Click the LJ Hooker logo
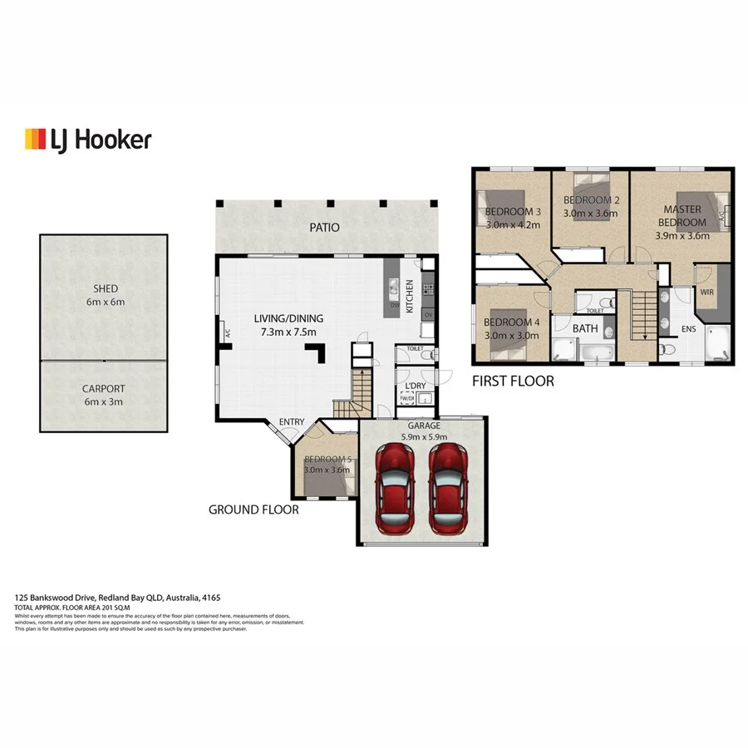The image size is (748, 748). click(88, 139)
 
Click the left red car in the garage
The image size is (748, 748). click(395, 490)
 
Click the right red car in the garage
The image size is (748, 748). click(449, 490)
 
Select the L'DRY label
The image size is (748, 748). click(414, 385)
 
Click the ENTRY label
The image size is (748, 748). click(291, 422)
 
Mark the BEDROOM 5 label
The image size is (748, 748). click(327, 460)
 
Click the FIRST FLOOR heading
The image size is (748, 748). click(513, 381)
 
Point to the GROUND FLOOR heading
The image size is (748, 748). click(253, 509)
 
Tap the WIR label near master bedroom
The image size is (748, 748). click(707, 293)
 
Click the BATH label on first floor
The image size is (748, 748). click(585, 328)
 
